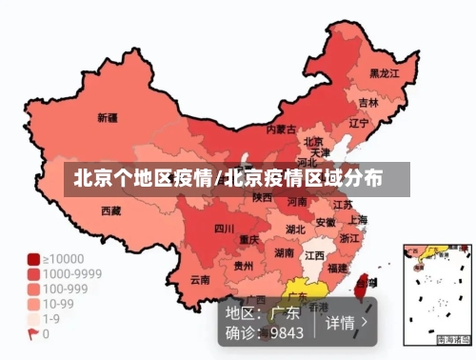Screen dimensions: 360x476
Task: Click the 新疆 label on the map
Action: (107, 119)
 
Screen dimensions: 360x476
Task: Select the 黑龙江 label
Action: (384, 72)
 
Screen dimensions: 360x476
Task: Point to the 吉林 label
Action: (368, 102)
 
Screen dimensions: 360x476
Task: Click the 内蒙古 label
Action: (280, 129)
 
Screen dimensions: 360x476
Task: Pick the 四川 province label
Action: (224, 229)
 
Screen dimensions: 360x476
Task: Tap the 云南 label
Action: (199, 280)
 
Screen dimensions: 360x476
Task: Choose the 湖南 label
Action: (284, 252)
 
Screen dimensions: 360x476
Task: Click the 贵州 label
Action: (244, 267)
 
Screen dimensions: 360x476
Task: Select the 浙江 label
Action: (349, 238)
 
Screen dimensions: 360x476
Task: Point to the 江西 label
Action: (313, 256)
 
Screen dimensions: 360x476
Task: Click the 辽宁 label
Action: (359, 123)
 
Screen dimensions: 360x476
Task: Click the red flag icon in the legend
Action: (33, 334)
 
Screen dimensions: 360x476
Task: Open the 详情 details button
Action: (346, 322)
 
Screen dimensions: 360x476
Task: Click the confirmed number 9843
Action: (287, 333)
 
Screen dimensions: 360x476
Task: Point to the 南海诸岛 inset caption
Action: (453, 340)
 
